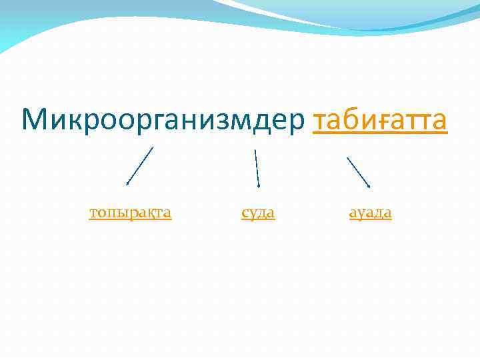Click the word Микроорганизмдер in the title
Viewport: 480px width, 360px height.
click(163, 120)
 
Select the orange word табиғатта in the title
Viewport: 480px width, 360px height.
click(379, 120)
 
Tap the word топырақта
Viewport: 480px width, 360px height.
click(131, 213)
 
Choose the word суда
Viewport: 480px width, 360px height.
click(258, 213)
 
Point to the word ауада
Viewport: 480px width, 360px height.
click(371, 213)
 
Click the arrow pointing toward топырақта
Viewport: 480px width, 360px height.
click(140, 165)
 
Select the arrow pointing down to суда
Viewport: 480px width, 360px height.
click(257, 168)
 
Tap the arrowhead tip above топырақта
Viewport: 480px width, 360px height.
click(127, 184)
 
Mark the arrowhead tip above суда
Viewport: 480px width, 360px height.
click(259, 187)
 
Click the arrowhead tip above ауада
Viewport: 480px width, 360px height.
click(370, 187)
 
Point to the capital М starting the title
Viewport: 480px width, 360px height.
click(34, 120)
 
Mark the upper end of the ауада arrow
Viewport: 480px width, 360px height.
click(347, 158)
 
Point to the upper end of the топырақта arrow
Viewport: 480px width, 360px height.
click(153, 147)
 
